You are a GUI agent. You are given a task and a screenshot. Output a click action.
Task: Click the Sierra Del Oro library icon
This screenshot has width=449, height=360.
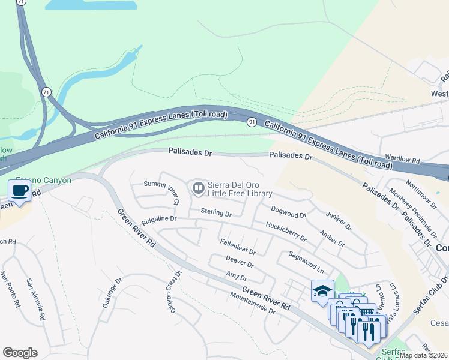click(197, 188)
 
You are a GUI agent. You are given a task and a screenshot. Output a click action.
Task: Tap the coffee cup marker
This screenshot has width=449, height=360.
click(20, 191)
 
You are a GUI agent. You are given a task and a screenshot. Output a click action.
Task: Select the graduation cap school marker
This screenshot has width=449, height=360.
click(322, 291)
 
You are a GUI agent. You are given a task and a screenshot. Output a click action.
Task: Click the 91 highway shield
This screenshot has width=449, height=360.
click(252, 122)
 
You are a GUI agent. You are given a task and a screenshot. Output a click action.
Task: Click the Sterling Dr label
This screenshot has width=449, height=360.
click(216, 212)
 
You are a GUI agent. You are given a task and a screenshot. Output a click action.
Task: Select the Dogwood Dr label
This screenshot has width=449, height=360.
click(288, 211)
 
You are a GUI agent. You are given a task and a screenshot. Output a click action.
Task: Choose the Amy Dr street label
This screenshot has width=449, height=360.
click(236, 276)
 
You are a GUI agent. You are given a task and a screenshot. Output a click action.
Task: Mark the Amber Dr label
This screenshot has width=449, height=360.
click(332, 239)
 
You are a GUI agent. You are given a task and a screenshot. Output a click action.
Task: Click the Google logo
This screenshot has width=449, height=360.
click(20, 353)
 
